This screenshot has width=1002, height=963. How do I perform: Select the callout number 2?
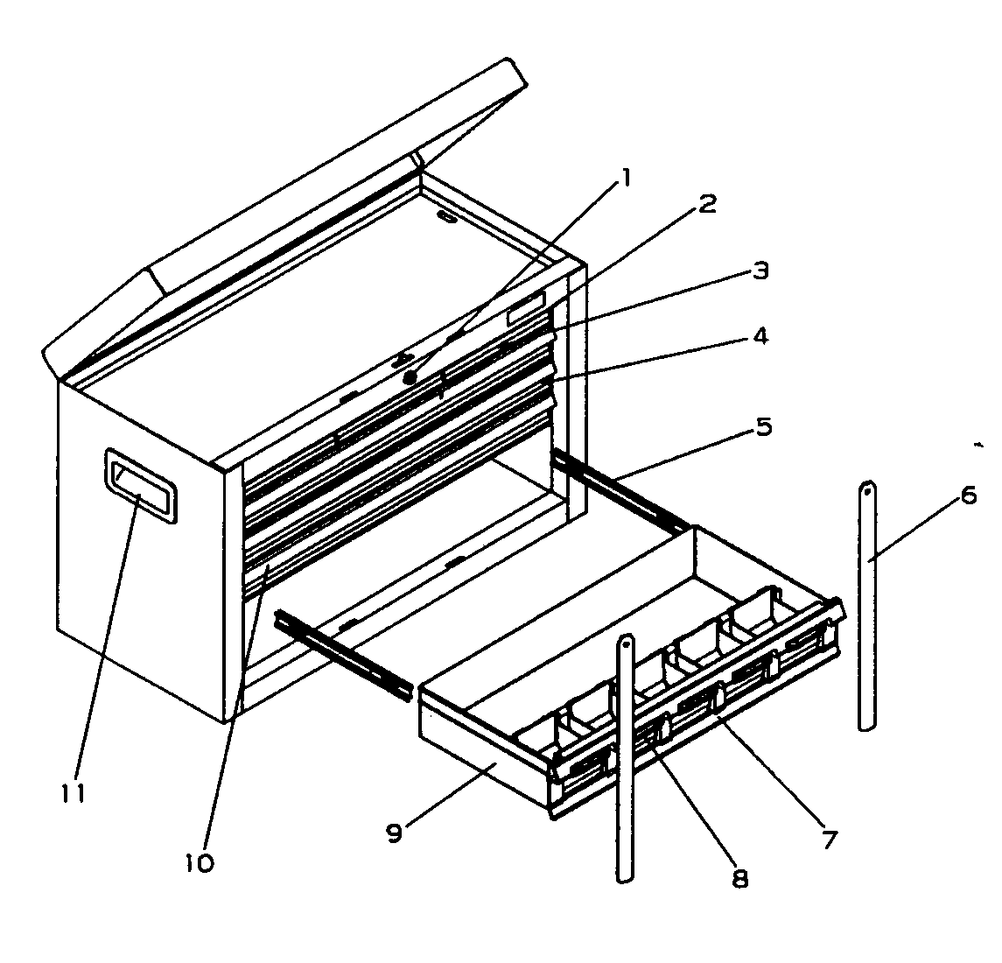pos(706,205)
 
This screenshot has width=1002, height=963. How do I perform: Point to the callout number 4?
pos(760,335)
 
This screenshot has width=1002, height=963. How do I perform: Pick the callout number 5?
pos(763,428)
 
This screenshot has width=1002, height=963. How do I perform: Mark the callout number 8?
pos(739,878)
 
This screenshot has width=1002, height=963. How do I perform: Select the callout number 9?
pos(394,833)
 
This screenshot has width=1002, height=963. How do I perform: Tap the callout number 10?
pos(200,862)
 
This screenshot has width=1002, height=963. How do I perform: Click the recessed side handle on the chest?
pos(141,486)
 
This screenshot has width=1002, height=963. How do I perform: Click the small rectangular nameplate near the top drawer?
pos(528,307)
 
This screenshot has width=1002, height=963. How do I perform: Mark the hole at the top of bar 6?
pos(866,492)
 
